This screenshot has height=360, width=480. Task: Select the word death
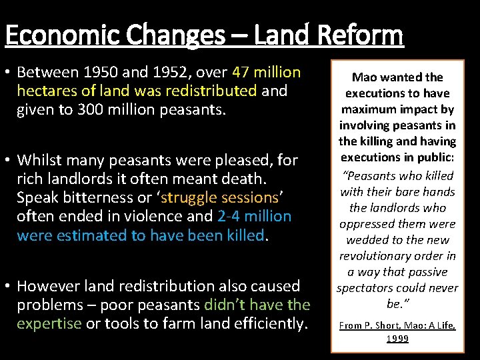(244, 179)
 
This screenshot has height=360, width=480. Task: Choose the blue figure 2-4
(231, 216)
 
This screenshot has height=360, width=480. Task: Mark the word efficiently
(267, 323)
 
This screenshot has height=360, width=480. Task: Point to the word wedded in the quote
(363, 240)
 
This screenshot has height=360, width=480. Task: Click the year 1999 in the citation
(397, 339)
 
